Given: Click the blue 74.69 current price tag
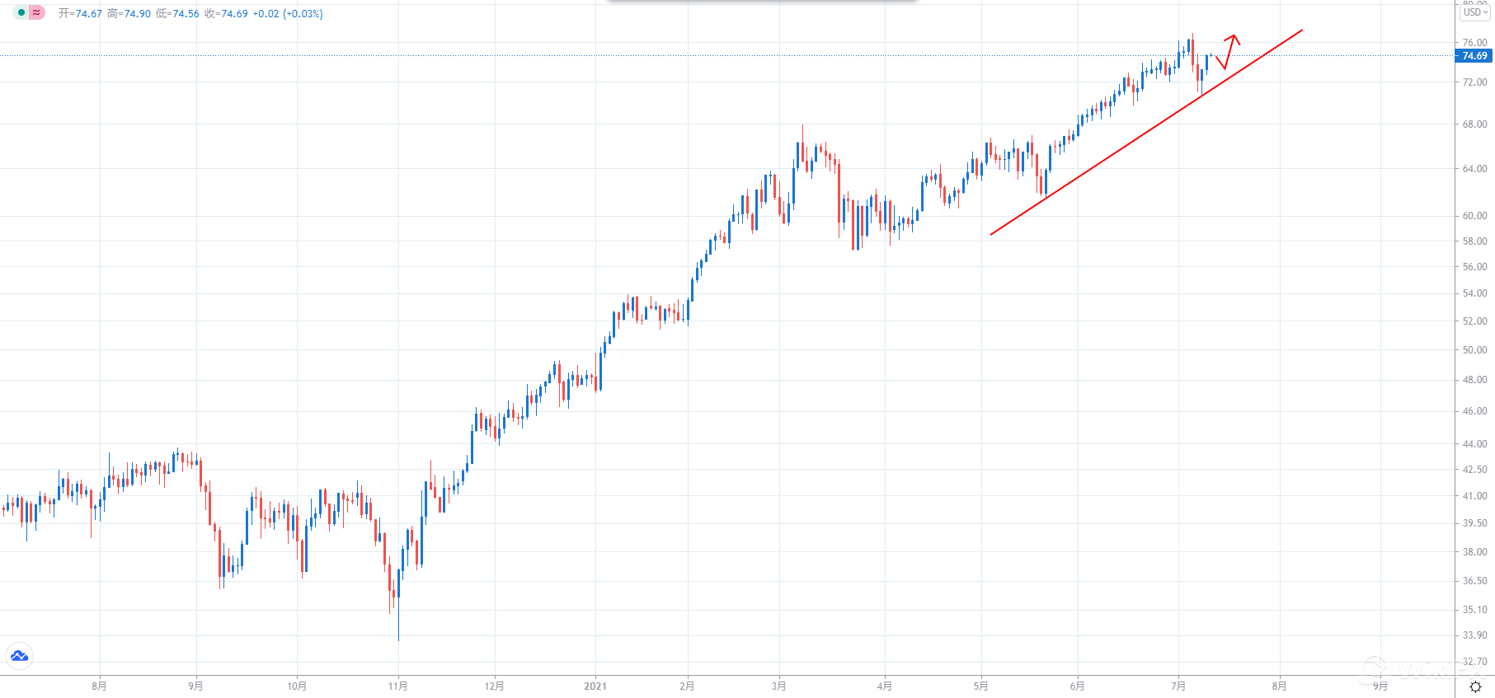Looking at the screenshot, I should click(x=1474, y=56).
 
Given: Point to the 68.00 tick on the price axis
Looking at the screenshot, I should click(x=1474, y=124).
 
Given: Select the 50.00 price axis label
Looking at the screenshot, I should click(x=1474, y=350).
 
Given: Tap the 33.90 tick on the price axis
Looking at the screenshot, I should click(x=1474, y=635).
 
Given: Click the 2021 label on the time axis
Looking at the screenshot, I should click(x=595, y=686).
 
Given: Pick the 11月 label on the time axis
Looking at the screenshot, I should click(x=397, y=686).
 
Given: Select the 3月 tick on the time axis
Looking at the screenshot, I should click(x=778, y=686).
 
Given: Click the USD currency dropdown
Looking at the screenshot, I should click(x=1475, y=12).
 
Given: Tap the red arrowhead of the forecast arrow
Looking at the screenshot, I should click(x=1234, y=37).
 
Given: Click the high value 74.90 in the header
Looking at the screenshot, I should click(x=137, y=14).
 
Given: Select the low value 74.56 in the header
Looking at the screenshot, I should click(x=186, y=14).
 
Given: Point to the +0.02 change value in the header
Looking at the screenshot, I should click(x=266, y=14).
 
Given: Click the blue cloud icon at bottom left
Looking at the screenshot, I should click(x=19, y=656).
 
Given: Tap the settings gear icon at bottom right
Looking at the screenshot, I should click(x=1475, y=686).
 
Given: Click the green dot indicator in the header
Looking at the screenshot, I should click(x=21, y=12).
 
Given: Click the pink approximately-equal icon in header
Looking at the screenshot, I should click(x=37, y=12).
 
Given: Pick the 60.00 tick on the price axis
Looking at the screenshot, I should click(x=1474, y=216).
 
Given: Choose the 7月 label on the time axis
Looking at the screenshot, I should click(x=1178, y=686).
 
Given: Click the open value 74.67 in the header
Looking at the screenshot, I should click(x=88, y=14).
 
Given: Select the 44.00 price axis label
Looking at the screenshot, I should click(x=1474, y=444).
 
